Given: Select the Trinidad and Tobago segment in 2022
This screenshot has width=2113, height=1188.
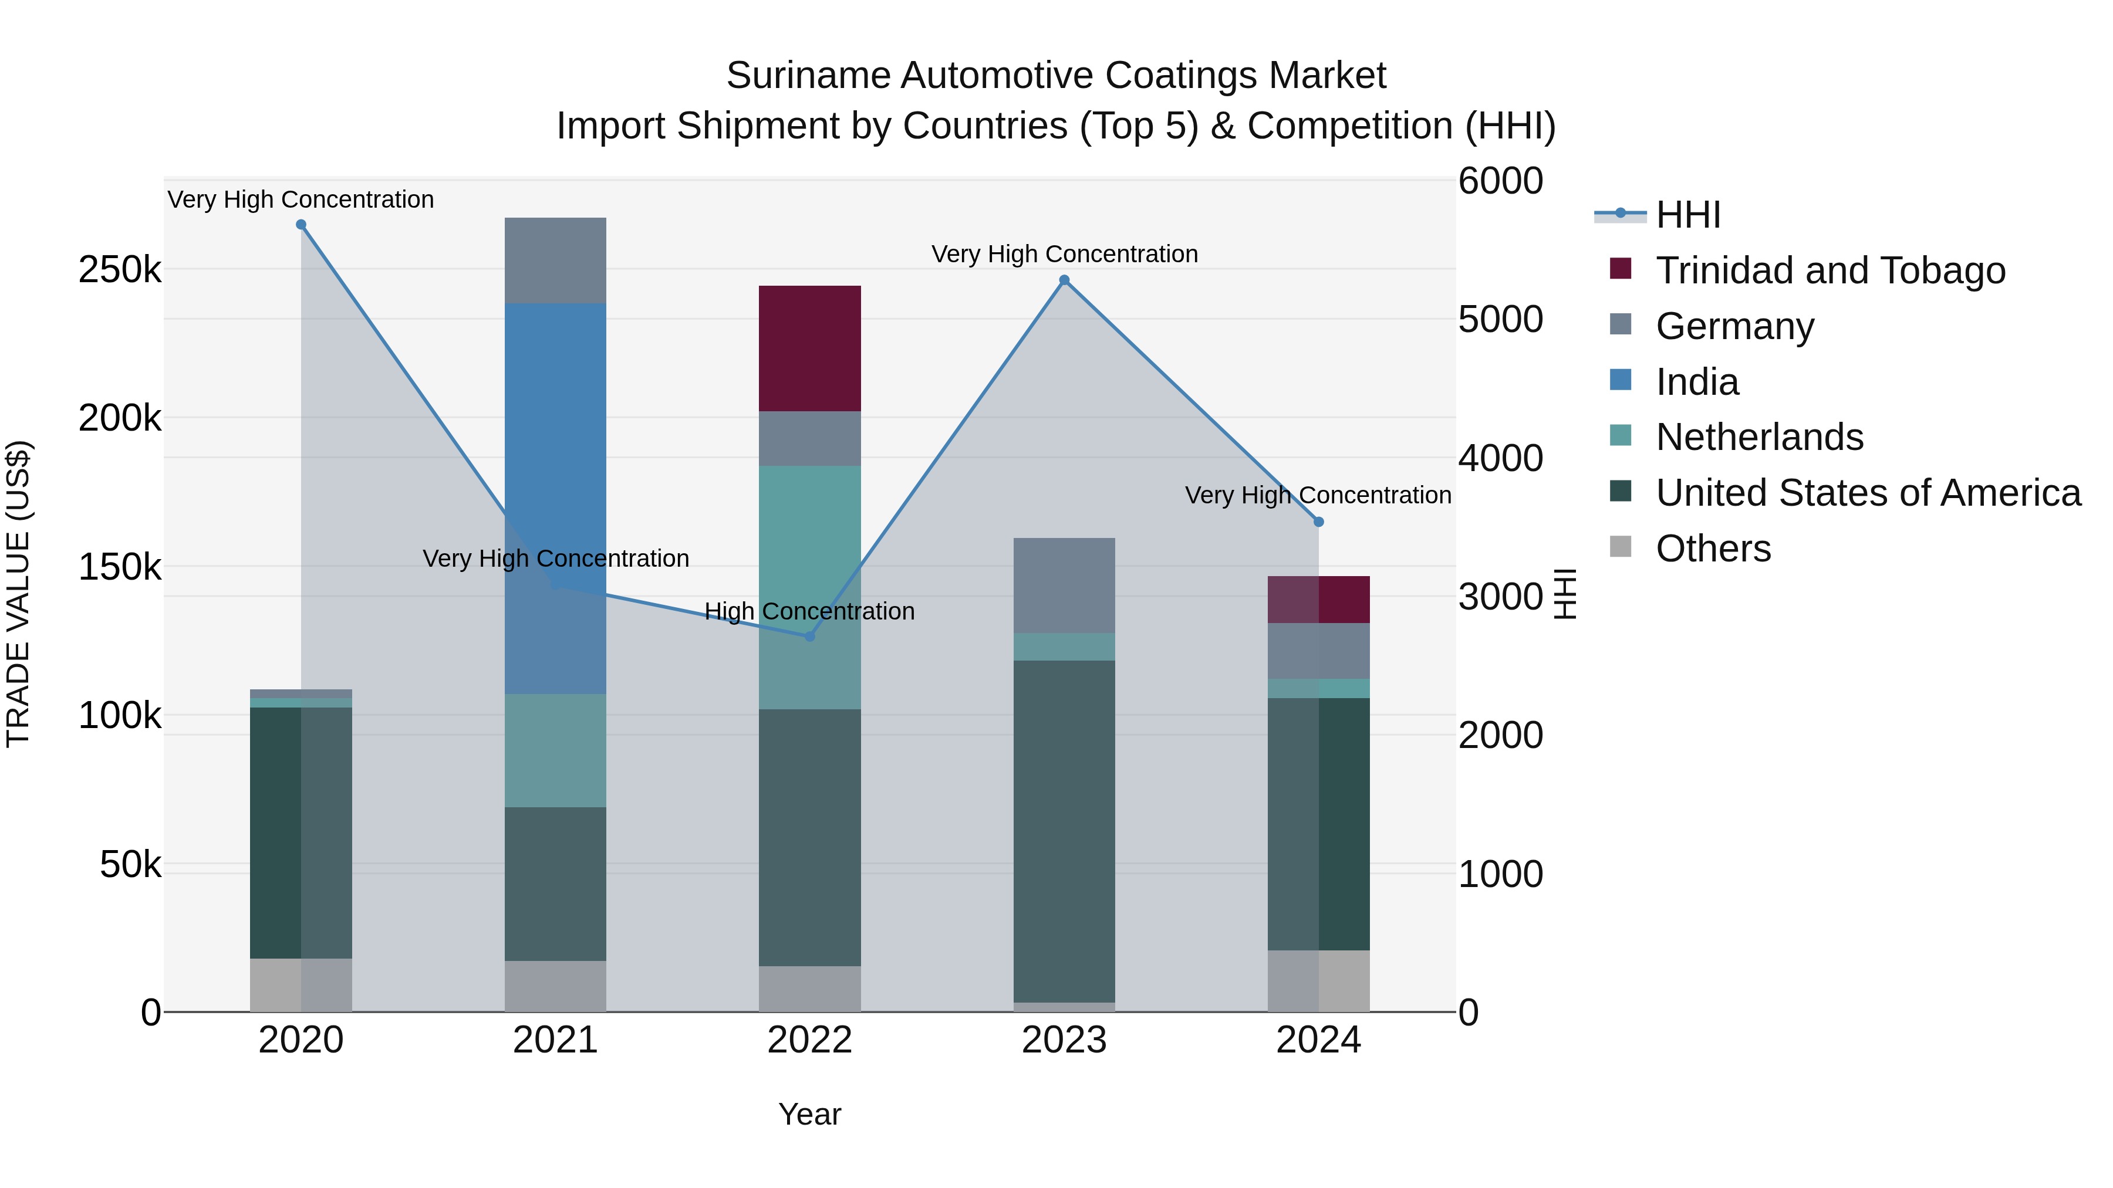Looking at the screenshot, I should point(809,348).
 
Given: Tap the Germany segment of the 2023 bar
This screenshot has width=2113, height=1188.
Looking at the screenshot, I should point(1064,584).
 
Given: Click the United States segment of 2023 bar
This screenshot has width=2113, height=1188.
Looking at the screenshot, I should point(1064,828).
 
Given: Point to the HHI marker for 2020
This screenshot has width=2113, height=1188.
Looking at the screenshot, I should point(301,225).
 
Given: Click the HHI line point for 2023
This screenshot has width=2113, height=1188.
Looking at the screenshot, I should point(1064,280).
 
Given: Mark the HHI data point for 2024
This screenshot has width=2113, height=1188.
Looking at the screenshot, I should point(1319,522).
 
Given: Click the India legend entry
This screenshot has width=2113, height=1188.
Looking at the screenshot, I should point(1696,382).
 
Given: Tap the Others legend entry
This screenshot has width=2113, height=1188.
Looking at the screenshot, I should point(1713,549).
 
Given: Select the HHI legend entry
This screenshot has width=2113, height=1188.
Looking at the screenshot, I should point(1687,215).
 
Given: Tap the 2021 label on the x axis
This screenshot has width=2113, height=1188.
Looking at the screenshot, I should point(555,1040).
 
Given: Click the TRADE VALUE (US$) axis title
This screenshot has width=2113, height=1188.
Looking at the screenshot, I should point(18,594).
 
